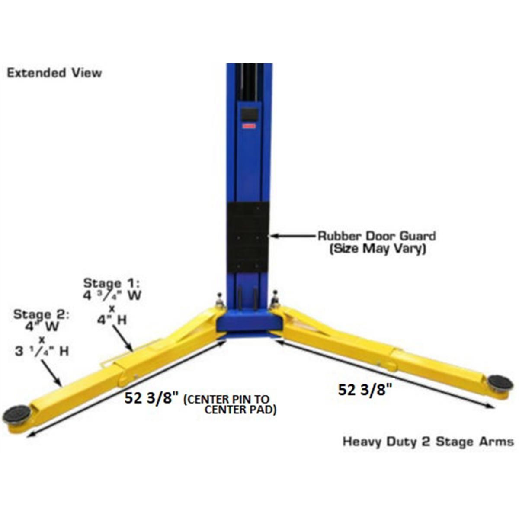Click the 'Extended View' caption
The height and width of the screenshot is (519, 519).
point(54,73)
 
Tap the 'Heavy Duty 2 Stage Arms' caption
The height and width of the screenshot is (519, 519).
point(428,442)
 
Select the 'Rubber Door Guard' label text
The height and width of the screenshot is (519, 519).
point(377,236)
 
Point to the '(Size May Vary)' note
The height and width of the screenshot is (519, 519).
point(378,249)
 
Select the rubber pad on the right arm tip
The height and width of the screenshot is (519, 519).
point(500,382)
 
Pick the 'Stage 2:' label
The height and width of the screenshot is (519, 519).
point(42,314)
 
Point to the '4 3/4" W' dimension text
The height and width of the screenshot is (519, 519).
point(112,296)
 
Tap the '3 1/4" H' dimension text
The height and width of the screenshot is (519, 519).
point(42,351)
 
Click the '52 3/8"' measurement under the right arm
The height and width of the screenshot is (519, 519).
point(365,390)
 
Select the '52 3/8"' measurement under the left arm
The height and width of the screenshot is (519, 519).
point(151,398)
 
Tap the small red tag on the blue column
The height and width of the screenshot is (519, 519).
point(250,126)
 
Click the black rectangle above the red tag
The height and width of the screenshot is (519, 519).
point(250,115)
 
